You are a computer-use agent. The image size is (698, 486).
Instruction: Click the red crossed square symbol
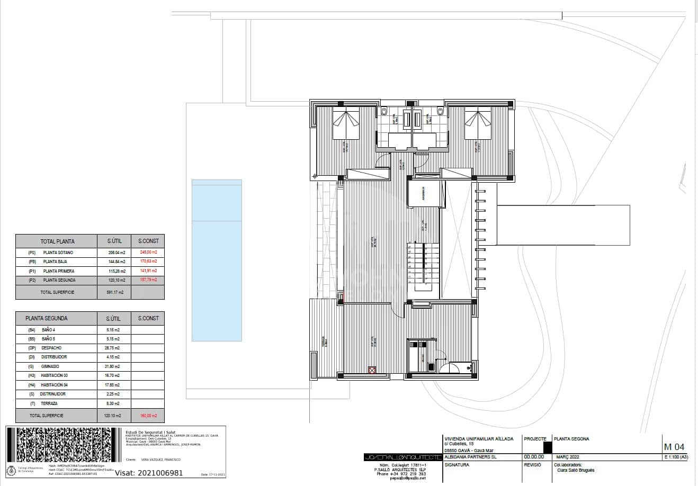pyautogui.click(x=372, y=371)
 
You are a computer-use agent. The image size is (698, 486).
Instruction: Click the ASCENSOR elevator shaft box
pyautogui.click(x=424, y=193)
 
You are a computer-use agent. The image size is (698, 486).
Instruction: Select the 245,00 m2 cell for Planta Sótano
pyautogui.click(x=147, y=253)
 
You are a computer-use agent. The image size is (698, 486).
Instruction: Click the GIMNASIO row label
pyautogui.click(x=51, y=366)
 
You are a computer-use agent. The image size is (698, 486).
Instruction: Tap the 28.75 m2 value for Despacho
pyautogui.click(x=113, y=348)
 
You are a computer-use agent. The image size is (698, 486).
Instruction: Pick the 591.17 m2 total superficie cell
pyautogui.click(x=113, y=292)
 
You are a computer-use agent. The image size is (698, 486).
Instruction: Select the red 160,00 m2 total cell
pyautogui.click(x=147, y=416)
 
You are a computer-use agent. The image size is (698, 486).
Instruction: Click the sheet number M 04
pyautogui.click(x=674, y=446)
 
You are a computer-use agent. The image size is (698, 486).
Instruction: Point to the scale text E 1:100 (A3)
pyautogui.click(x=675, y=457)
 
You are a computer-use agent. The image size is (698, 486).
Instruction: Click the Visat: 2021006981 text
pyautogui.click(x=149, y=473)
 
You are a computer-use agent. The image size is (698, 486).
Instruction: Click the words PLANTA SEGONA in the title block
pyautogui.click(x=571, y=439)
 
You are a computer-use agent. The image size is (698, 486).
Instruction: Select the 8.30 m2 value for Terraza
pyautogui.click(x=113, y=403)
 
